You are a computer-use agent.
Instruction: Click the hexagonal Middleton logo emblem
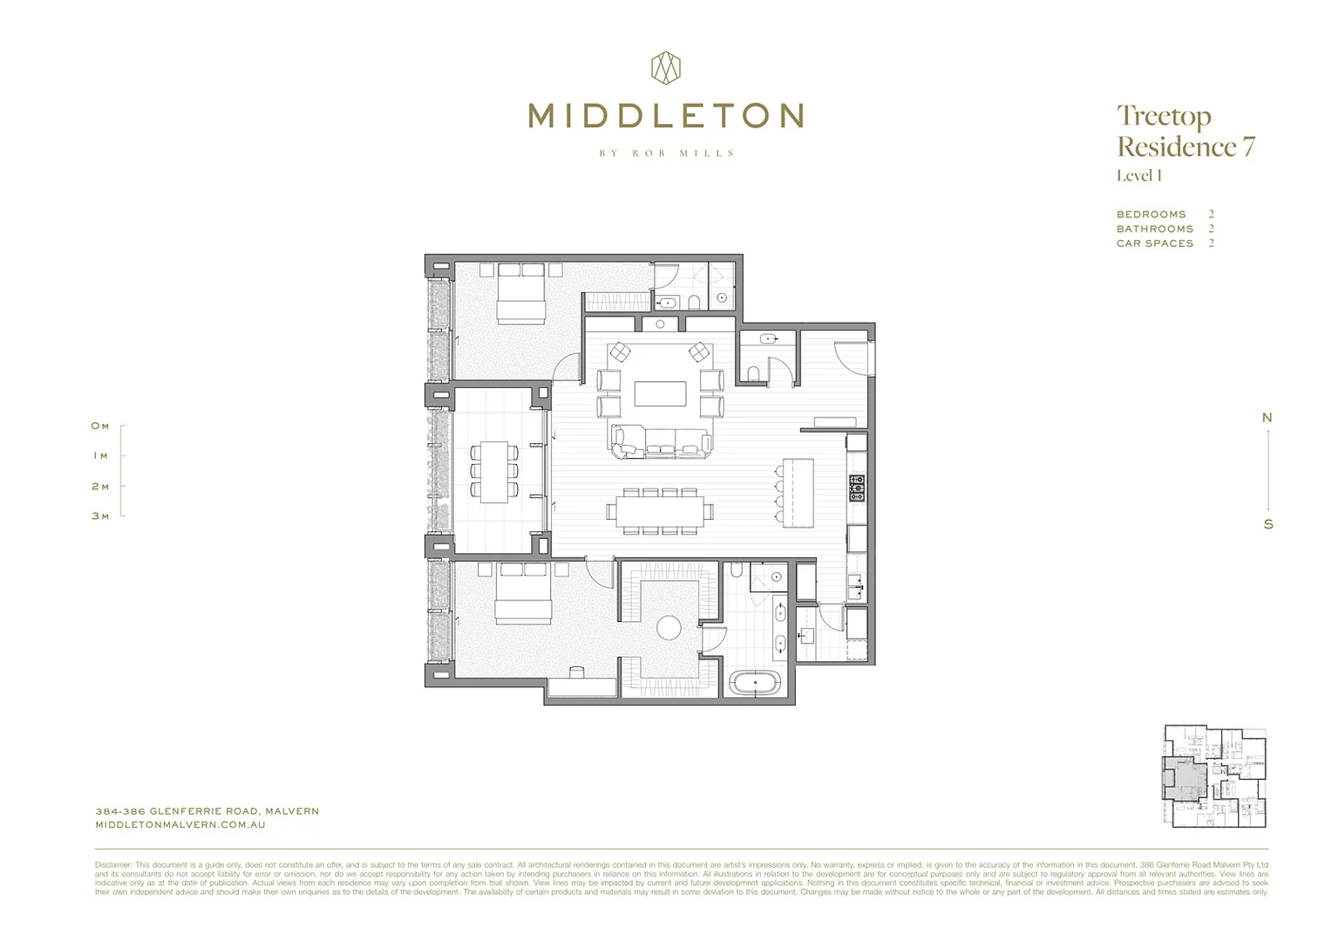click(666, 68)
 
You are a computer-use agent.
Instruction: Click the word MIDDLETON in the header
click(666, 116)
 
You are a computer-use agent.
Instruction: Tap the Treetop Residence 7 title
click(1185, 131)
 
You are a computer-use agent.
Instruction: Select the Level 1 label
click(1138, 175)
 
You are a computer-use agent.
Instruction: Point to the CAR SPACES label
click(1154, 243)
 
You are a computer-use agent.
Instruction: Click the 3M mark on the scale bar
click(101, 516)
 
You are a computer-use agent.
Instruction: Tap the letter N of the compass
click(1267, 418)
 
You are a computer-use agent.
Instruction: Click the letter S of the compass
click(1268, 524)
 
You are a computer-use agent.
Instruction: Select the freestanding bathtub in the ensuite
click(755, 682)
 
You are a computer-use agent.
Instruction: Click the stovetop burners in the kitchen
click(857, 488)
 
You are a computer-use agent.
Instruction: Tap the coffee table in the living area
click(660, 393)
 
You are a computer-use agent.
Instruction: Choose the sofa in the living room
click(660, 442)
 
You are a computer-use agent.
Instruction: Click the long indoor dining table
click(660, 511)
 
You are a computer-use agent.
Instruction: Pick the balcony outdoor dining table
click(494, 472)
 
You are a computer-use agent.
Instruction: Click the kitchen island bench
click(798, 493)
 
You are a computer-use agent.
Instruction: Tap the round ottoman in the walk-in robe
click(669, 627)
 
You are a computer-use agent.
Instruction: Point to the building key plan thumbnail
click(1214, 775)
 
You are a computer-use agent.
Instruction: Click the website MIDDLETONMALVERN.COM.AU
click(180, 824)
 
